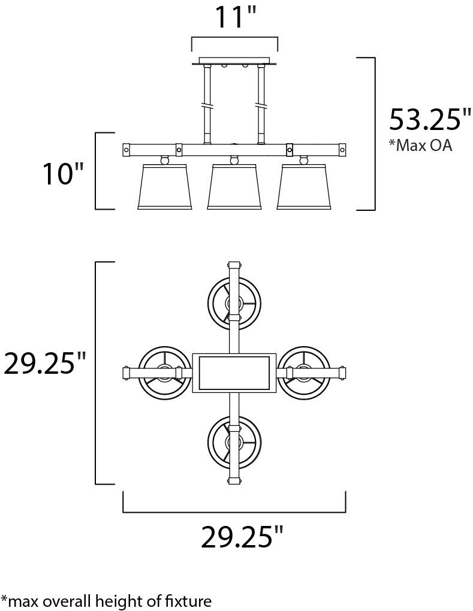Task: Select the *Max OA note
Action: [x=420, y=145]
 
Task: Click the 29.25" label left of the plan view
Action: [x=44, y=363]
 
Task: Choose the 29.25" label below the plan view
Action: [x=242, y=537]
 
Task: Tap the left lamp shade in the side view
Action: [x=164, y=187]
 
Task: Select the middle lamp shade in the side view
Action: [x=234, y=187]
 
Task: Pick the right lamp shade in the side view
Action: [x=304, y=187]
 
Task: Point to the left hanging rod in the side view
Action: [x=207, y=104]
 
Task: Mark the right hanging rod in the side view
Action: [x=261, y=104]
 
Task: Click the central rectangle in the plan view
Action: [x=234, y=373]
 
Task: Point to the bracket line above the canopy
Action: [x=234, y=37]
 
